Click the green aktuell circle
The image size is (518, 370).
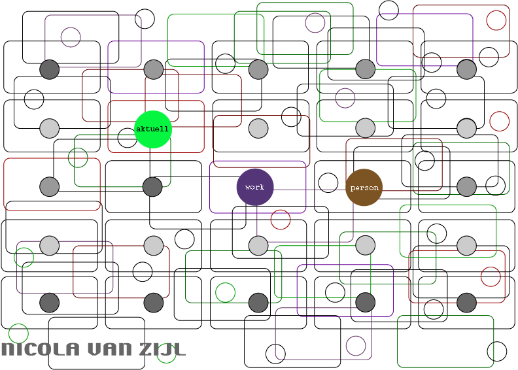[x=152, y=129]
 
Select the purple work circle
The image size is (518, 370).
[x=255, y=187]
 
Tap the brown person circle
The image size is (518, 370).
[x=364, y=188]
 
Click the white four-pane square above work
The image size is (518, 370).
[x=268, y=93]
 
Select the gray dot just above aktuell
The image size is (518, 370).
[x=153, y=69]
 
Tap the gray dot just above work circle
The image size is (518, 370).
[x=258, y=129]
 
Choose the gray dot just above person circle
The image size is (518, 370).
[x=366, y=128]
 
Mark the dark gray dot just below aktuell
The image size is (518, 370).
[x=152, y=187]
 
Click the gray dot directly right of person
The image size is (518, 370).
[x=466, y=187]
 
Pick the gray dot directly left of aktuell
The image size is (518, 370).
[x=50, y=129]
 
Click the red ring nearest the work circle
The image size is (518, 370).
[x=281, y=220]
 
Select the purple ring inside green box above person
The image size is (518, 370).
[x=345, y=98]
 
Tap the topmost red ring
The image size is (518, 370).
[x=496, y=20]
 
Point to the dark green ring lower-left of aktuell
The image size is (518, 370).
[x=78, y=158]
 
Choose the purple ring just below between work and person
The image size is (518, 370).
[x=315, y=211]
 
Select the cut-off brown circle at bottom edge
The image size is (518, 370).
[x=364, y=364]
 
